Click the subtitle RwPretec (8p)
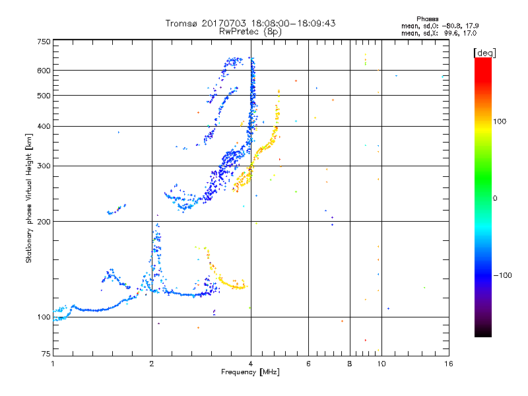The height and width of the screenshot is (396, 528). coord(251,31)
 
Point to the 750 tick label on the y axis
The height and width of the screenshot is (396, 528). coord(44,42)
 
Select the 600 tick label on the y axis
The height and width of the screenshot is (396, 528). coord(44,71)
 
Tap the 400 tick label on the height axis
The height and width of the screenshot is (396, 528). coord(44,127)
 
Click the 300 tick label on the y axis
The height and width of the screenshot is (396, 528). coord(44,166)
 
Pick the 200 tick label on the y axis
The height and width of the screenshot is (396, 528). coord(44,222)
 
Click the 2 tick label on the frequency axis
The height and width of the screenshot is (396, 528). coord(152,364)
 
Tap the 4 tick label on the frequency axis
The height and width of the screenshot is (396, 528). coord(251,364)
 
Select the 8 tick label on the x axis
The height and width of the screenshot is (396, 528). coord(350,364)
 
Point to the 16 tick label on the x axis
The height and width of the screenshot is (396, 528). coord(448,364)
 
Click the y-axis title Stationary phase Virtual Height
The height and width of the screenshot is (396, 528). coord(29,198)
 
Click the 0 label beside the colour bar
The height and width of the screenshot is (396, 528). coord(495,198)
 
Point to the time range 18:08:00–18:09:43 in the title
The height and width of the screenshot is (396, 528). coord(292,24)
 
